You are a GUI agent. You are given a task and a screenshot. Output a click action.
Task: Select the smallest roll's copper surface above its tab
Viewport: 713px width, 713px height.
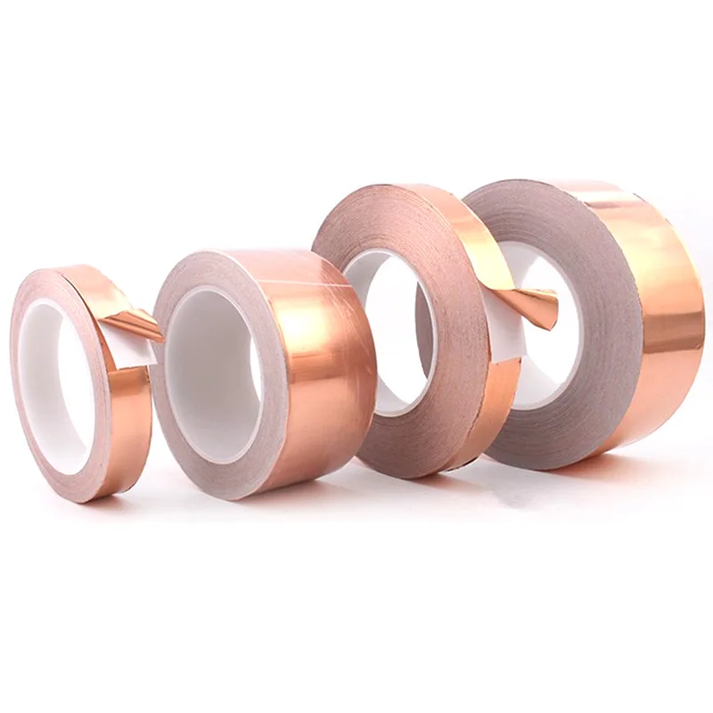click(94, 290)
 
